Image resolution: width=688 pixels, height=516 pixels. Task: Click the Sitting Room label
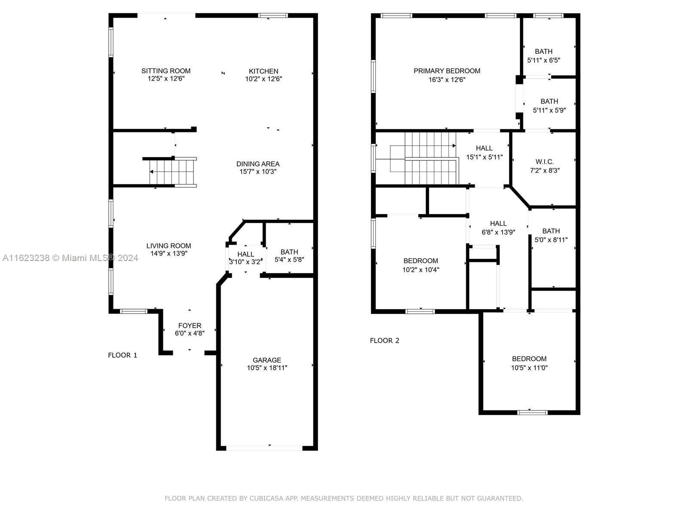click(166, 71)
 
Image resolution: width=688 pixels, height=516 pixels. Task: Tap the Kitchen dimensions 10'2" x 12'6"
click(263, 79)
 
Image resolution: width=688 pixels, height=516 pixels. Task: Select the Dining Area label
click(258, 164)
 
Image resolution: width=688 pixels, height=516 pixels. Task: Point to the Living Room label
click(169, 246)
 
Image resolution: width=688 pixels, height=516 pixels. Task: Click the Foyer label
click(190, 326)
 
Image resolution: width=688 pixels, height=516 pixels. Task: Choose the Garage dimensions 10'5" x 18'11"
click(267, 368)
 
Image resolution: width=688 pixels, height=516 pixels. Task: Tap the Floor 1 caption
click(123, 355)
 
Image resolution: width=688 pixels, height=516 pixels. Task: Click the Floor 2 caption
click(384, 341)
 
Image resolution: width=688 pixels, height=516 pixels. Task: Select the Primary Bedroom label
click(447, 71)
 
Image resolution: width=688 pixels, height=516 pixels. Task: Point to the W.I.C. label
click(544, 162)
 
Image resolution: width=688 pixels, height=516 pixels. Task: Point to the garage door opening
click(264, 448)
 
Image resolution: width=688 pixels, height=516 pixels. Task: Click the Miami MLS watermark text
click(70, 258)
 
